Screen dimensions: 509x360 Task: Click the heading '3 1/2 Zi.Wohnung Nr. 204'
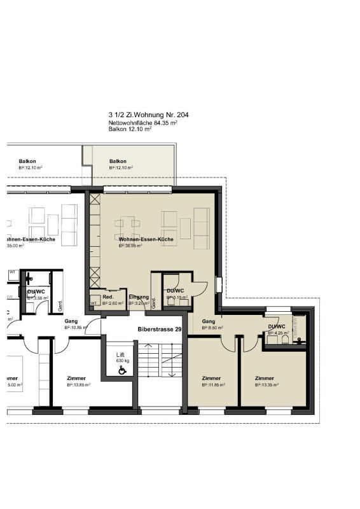point(148,116)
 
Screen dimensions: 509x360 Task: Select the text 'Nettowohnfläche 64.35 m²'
point(142,123)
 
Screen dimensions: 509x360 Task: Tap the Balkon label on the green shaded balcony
point(118,161)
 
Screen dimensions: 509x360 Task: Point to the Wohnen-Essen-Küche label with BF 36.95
point(146,239)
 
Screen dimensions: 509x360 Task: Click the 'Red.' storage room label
point(108,297)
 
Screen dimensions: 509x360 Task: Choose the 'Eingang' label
point(139,297)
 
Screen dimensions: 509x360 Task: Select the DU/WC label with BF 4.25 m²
point(276,326)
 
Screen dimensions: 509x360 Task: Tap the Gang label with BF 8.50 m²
point(209,321)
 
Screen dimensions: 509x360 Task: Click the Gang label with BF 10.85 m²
point(71,321)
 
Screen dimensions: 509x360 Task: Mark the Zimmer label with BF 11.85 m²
point(211,378)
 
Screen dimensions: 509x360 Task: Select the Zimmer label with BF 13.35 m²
point(265,378)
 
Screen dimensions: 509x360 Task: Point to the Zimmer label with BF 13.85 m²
point(76,378)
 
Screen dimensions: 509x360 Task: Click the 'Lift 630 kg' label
point(120,357)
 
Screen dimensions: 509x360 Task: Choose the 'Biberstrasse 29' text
point(160,330)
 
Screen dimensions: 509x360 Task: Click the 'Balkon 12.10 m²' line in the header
point(130,129)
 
